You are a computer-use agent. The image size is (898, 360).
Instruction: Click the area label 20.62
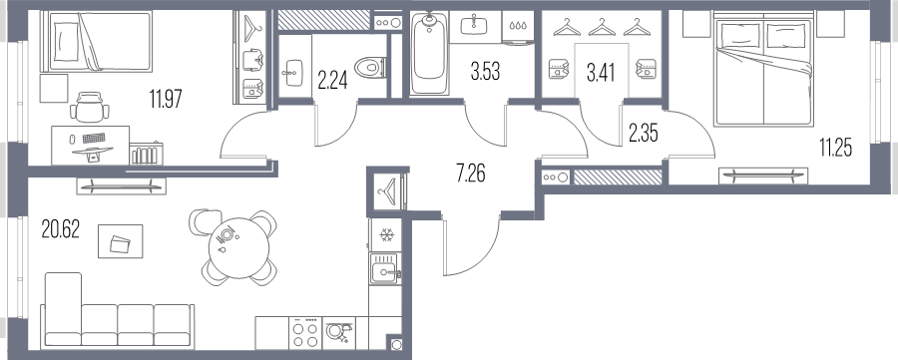click(61, 229)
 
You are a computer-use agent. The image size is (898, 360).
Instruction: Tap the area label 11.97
click(166, 100)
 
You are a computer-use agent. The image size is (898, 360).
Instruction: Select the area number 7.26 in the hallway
click(471, 173)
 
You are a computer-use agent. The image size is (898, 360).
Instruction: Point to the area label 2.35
click(643, 134)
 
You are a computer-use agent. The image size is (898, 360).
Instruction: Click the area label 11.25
click(835, 149)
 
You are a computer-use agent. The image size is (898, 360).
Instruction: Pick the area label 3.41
click(601, 73)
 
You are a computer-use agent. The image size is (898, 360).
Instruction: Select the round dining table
click(238, 248)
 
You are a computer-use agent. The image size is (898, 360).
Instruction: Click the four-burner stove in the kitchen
click(305, 333)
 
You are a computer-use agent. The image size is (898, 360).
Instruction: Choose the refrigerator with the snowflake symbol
click(386, 235)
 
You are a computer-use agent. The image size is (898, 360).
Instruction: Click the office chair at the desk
click(91, 107)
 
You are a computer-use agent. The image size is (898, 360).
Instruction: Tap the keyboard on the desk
click(95, 138)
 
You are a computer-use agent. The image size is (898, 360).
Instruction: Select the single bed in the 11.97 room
click(100, 41)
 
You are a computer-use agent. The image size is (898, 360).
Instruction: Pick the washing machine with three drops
click(519, 28)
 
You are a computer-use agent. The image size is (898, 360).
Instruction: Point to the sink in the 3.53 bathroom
click(474, 26)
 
